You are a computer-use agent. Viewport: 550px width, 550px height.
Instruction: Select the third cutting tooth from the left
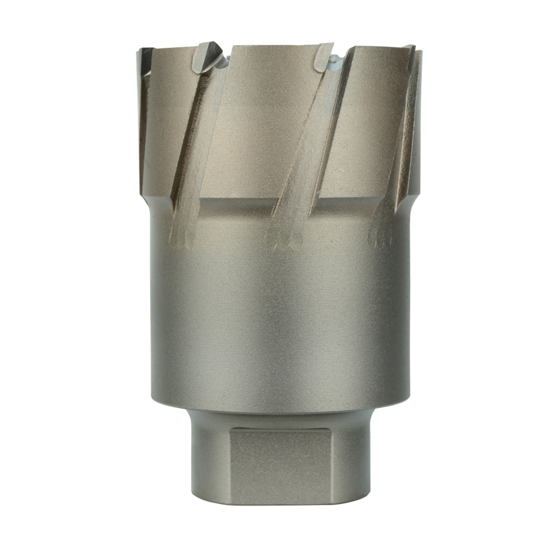324,57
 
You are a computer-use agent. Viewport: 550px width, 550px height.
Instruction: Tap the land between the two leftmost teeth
168,110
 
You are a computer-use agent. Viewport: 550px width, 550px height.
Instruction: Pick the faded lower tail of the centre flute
284,234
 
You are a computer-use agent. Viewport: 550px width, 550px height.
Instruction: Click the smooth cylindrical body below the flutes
280,319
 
